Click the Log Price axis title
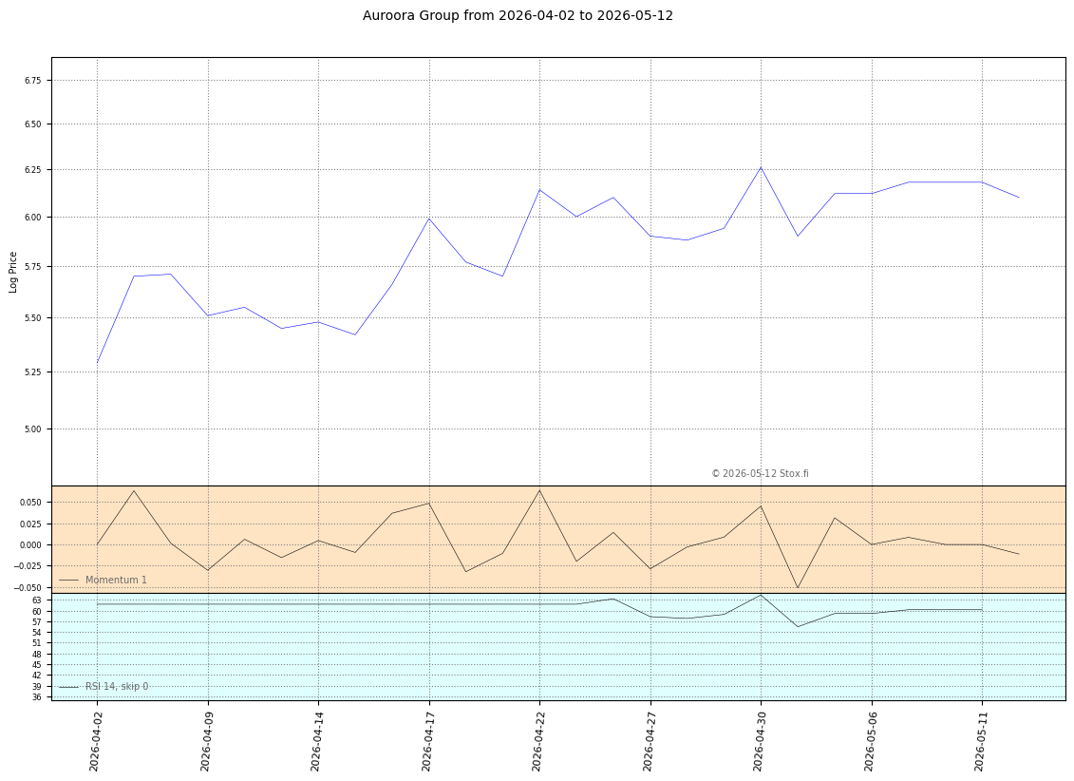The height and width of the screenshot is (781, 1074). point(13,272)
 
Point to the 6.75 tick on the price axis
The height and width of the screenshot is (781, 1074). point(33,80)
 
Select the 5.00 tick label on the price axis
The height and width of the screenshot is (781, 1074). point(33,429)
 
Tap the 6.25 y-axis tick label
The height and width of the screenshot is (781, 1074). point(33,169)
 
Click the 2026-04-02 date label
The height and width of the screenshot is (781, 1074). point(96,740)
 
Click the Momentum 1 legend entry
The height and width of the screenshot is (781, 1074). point(103,580)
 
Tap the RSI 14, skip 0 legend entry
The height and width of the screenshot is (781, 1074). point(104,686)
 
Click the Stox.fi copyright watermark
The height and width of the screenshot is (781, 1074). point(760,473)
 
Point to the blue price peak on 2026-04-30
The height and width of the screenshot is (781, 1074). point(761,167)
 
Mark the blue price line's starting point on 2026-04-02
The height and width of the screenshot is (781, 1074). point(97,363)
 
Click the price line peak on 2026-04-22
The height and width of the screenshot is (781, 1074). point(539,190)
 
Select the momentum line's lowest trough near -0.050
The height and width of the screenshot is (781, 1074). point(798,587)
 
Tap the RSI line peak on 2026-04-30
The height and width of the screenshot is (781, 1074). point(761,595)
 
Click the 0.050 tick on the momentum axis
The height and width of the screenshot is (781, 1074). point(31,503)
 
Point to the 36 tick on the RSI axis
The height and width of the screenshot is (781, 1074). point(37,697)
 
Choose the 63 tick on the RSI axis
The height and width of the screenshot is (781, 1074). point(37,600)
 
